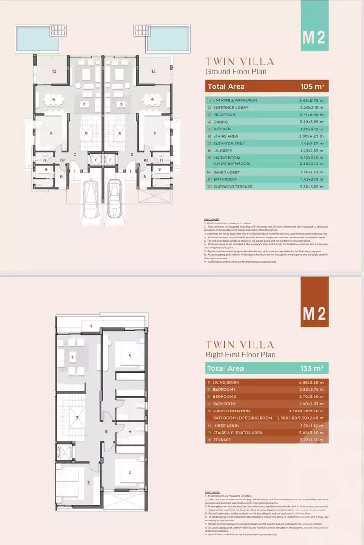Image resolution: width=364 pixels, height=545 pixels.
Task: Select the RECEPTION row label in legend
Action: point(224,114)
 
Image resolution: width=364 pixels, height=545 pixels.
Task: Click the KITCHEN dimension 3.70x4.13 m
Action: point(311,129)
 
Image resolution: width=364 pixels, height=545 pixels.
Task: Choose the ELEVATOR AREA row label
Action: point(229,144)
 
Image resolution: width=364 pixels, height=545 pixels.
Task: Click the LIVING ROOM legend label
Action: point(225,382)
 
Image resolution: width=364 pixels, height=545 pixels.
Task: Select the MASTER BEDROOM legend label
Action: point(231,411)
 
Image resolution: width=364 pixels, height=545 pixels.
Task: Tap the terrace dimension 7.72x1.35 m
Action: point(311,440)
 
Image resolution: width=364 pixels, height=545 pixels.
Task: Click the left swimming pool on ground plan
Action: point(37,39)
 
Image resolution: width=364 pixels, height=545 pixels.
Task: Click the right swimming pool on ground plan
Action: point(168,39)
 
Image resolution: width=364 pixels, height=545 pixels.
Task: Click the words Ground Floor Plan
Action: point(236,71)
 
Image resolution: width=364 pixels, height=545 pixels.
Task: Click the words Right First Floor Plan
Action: point(240,354)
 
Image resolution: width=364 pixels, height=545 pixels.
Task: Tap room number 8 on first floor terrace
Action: point(90,326)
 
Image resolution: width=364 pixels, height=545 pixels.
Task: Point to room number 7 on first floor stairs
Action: point(78,417)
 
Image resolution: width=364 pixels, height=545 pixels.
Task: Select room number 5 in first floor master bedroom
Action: point(130,356)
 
